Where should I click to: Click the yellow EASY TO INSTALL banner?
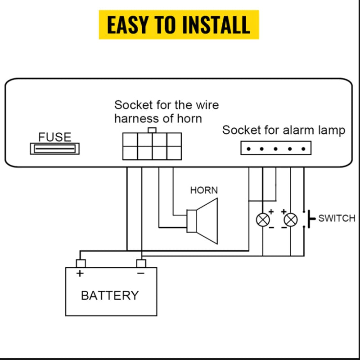point(179,25)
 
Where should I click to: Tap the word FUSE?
point(55,137)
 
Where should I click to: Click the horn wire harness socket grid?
point(152,146)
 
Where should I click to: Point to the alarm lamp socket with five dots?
point(275,148)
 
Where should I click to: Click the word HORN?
point(204,190)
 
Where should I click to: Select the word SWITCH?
point(337,219)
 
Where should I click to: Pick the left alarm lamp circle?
point(263,220)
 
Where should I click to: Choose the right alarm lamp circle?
point(290,220)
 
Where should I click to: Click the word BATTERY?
point(110,296)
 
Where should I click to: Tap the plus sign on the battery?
point(80,273)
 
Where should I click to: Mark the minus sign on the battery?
point(141,273)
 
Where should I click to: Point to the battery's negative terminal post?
point(141,263)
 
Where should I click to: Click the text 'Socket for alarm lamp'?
point(283,130)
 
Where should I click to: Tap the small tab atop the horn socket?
point(152,130)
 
